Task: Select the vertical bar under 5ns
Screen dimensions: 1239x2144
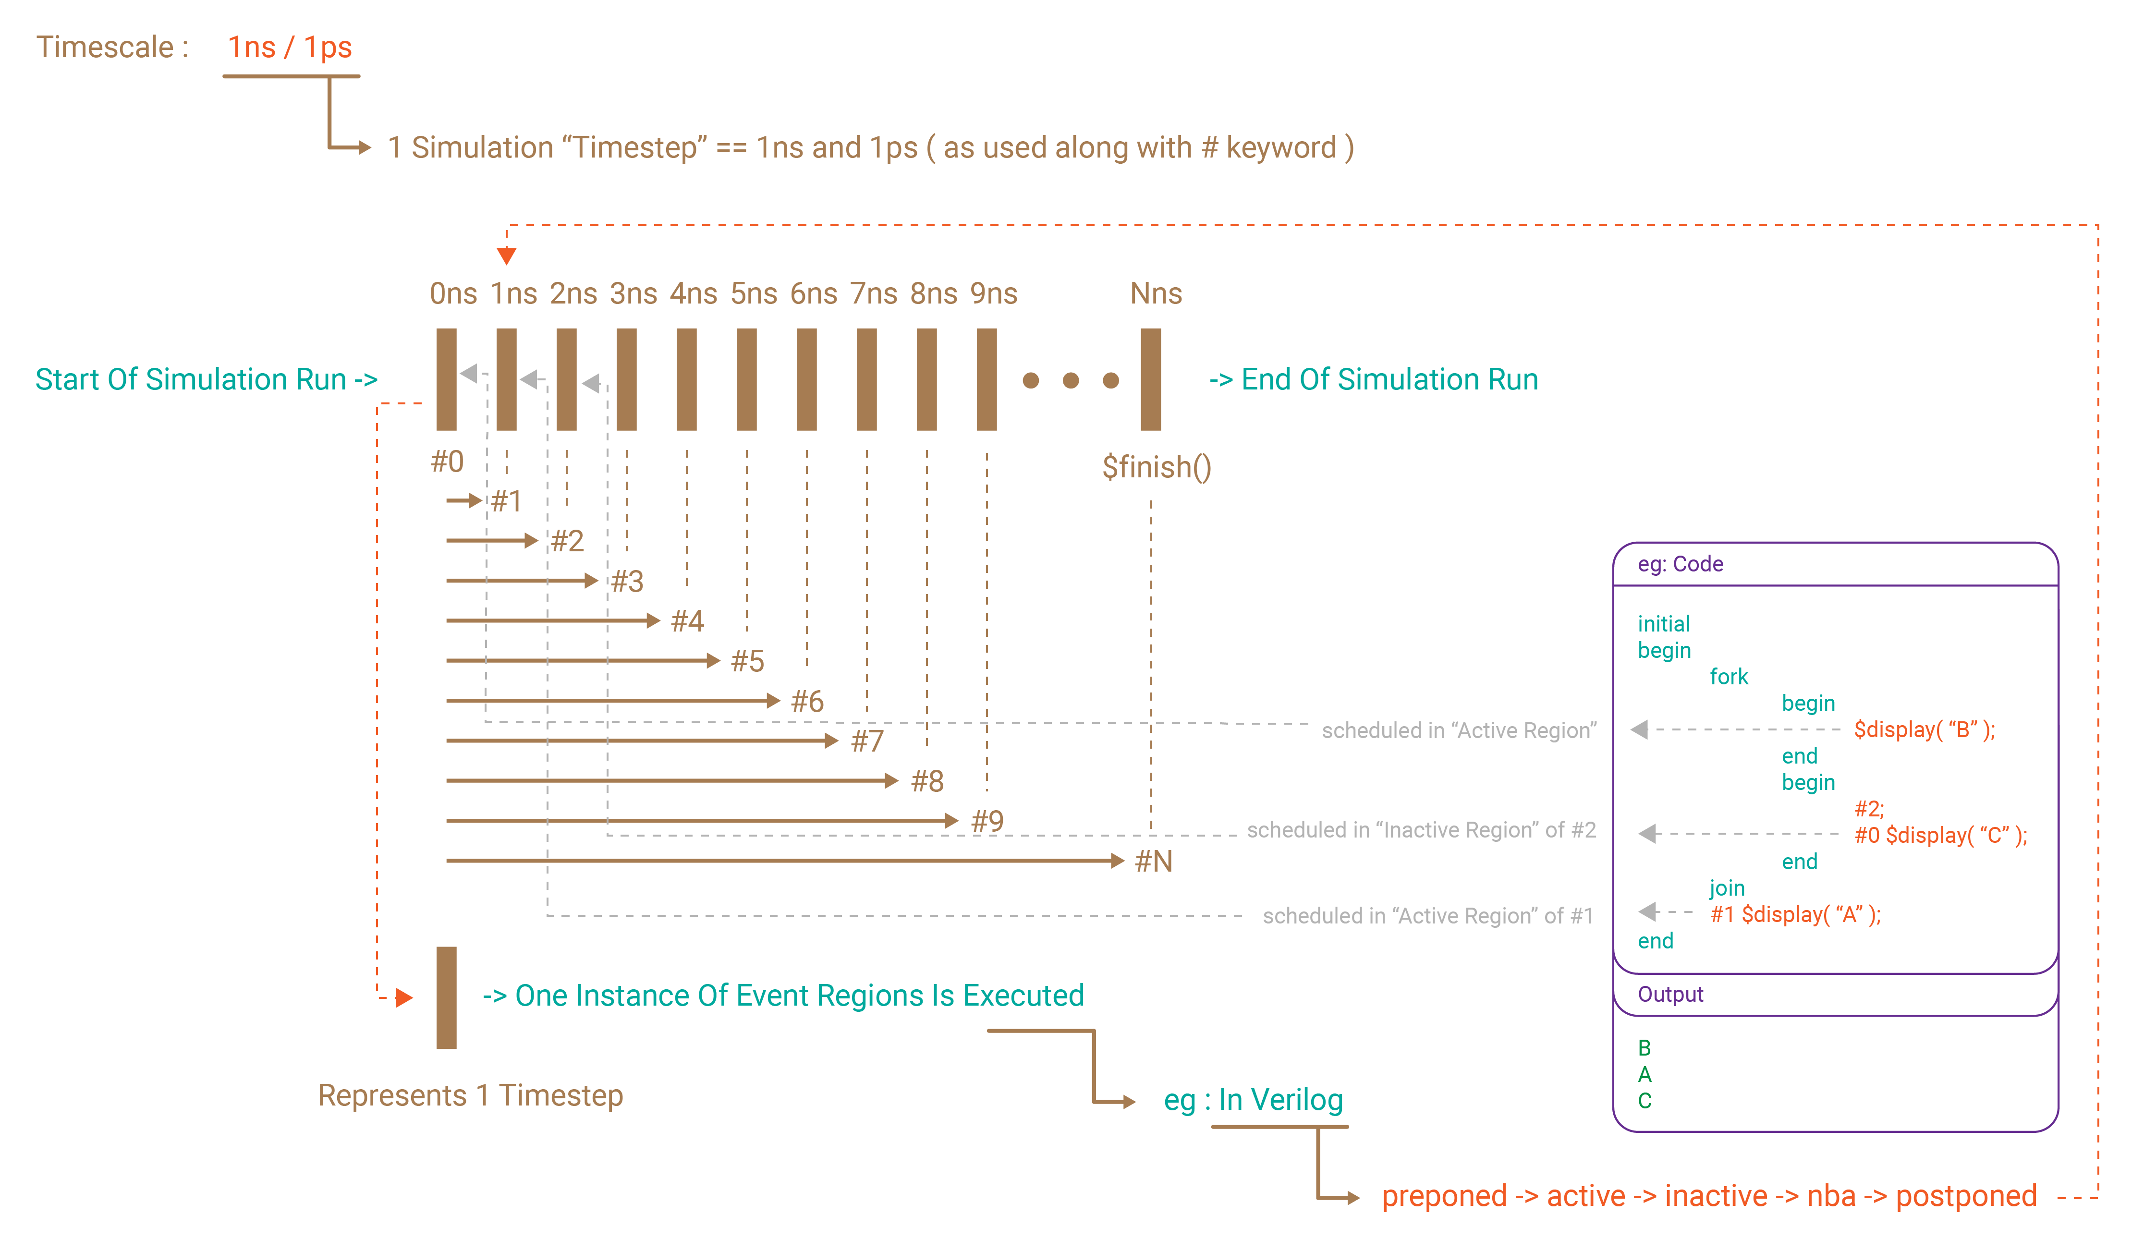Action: click(x=746, y=379)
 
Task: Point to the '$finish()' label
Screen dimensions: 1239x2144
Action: click(x=1156, y=467)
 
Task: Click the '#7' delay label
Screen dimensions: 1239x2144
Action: click(x=867, y=741)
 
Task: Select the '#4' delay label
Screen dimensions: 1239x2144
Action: click(x=687, y=621)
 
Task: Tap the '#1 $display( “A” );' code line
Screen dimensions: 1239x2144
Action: click(x=1795, y=915)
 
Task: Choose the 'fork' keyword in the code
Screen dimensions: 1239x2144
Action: click(x=1729, y=677)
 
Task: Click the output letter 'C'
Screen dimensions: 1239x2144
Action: click(x=1645, y=1101)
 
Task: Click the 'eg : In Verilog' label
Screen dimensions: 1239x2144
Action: click(x=1253, y=1100)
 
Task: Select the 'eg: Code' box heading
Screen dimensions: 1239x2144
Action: click(x=1681, y=564)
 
